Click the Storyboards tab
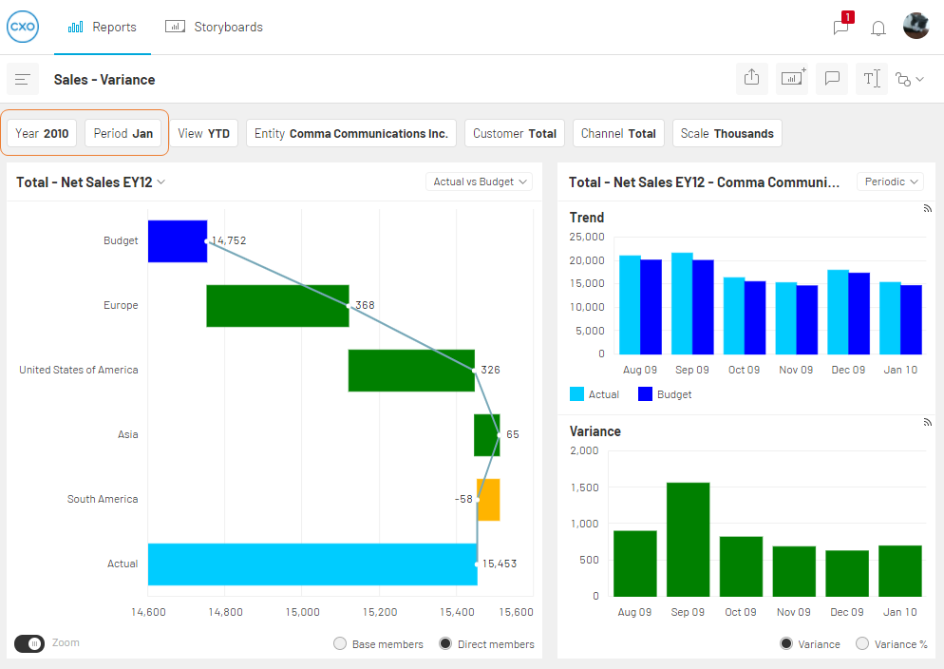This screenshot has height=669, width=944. [215, 28]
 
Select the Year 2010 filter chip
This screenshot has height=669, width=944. [42, 133]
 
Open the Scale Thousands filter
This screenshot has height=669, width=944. [727, 133]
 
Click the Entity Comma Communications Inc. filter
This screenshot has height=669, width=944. [351, 133]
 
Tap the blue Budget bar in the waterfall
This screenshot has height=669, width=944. [178, 240]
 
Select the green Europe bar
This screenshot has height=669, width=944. [277, 306]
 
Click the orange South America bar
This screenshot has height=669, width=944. [488, 500]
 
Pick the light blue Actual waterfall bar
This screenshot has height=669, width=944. [312, 564]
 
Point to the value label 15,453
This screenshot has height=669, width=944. [500, 564]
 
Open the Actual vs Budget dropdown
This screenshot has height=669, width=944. [479, 182]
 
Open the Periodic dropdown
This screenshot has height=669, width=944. [890, 182]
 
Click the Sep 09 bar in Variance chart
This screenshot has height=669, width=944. [689, 540]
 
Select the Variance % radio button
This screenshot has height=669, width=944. [862, 643]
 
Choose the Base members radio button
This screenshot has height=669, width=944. [340, 643]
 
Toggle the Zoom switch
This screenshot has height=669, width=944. [29, 643]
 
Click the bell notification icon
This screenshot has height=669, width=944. [878, 28]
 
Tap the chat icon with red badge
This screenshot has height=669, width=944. [842, 26]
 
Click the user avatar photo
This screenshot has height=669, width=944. [916, 26]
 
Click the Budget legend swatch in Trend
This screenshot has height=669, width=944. [645, 393]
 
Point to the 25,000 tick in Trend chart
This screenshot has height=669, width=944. [587, 237]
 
